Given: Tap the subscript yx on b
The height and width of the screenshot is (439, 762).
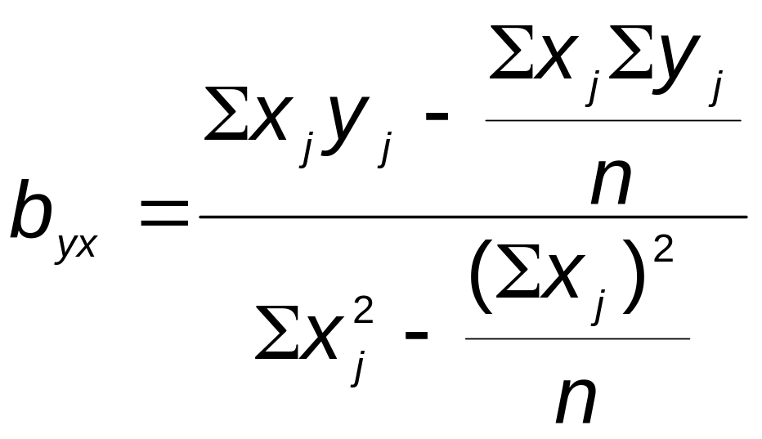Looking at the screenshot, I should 76,244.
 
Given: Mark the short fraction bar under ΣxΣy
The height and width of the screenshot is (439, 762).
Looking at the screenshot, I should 612,120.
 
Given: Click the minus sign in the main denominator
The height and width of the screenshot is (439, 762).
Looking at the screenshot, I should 416,337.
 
